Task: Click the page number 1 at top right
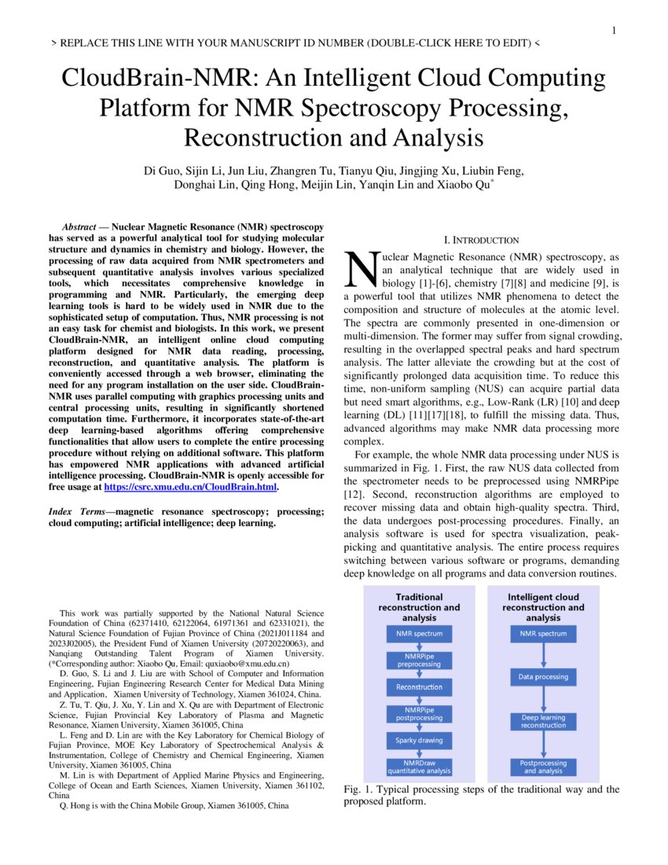pos(614,31)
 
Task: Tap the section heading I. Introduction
pos(482,240)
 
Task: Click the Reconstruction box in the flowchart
pos(419,686)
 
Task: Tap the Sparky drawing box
pos(419,740)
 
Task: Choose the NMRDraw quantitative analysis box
pos(419,767)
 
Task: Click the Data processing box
pos(544,676)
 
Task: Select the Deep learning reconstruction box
pos(544,720)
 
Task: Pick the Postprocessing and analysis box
pos(544,767)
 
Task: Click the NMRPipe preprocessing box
pos(419,660)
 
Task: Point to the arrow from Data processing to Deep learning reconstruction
pos(544,698)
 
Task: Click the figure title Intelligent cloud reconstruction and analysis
pos(544,607)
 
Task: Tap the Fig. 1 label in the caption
pos(359,790)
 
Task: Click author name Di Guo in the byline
pos(161,171)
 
